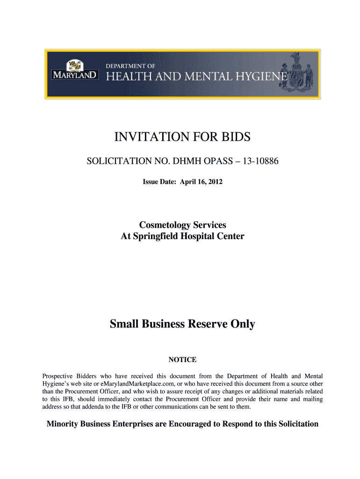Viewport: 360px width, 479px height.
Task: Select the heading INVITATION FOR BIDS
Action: [182, 137]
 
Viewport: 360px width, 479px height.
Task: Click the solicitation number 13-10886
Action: [259, 162]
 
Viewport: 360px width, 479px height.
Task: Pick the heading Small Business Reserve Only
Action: [182, 324]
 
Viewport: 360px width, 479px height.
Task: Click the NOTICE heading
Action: [182, 360]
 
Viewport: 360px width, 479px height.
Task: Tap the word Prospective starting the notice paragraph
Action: [58, 376]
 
